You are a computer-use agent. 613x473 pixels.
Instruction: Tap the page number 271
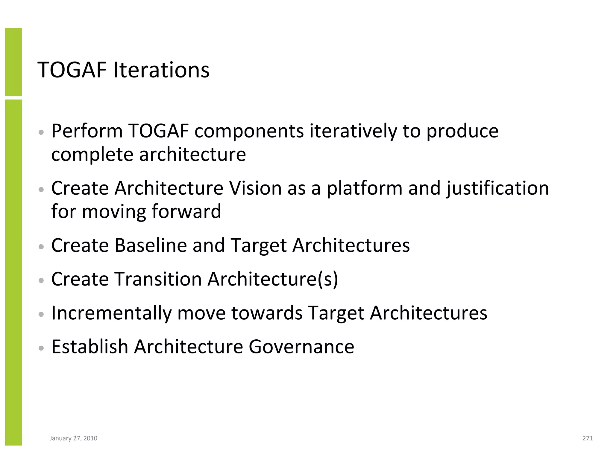coord(588,438)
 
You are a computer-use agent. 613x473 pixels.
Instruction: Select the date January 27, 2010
coord(73,438)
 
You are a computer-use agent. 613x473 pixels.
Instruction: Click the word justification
coord(497,188)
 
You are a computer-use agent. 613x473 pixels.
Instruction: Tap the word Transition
coord(158,279)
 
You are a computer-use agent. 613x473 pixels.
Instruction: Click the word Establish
coord(90,347)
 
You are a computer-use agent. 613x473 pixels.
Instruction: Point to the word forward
coord(186,211)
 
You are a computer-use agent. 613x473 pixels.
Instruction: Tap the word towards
coord(267,313)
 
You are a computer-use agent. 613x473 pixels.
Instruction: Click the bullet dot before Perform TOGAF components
coord(42,132)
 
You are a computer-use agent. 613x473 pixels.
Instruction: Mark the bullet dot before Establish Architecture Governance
coord(42,348)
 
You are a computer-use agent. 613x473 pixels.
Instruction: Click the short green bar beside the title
coord(13,62)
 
